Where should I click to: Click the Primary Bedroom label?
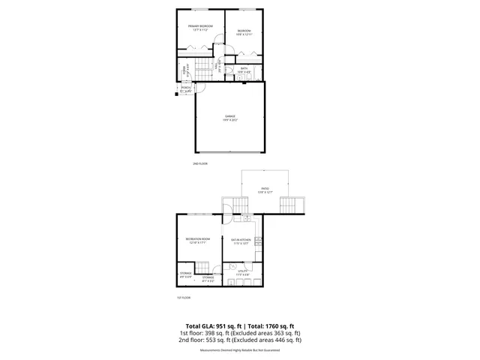tap(200, 26)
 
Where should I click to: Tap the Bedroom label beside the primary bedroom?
tap(244, 31)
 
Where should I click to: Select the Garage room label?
tap(230, 116)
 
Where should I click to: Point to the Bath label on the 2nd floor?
tap(244, 68)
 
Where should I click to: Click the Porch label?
tap(186, 88)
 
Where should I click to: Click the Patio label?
tap(265, 189)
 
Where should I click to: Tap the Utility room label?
tap(241, 273)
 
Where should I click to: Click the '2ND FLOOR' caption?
tap(199, 163)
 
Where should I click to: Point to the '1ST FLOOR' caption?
tap(184, 298)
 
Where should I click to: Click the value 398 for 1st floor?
tap(212, 333)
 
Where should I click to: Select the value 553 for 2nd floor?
tap(214, 340)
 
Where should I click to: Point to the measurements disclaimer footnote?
tap(239, 350)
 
